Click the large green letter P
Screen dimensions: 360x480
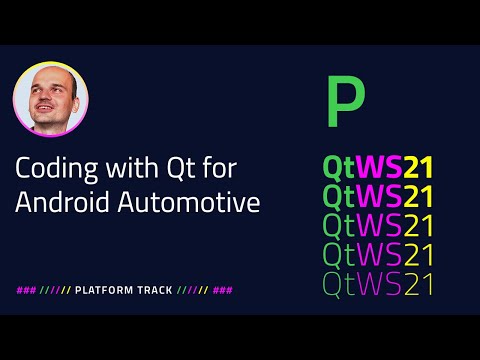pyautogui.click(x=346, y=102)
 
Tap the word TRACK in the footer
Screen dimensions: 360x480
pyautogui.click(x=154, y=290)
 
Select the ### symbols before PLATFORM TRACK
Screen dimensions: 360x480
pyautogui.click(x=25, y=290)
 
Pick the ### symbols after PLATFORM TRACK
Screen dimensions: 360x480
pyautogui.click(x=223, y=290)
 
